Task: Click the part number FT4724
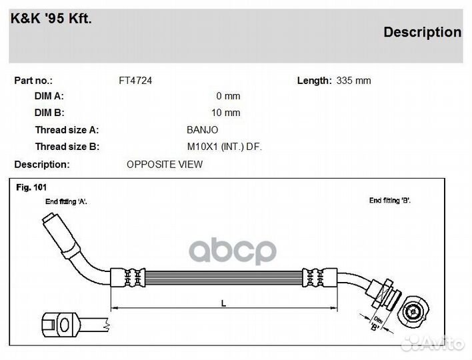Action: (135, 81)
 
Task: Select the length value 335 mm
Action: (354, 81)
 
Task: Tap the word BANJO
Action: (202, 130)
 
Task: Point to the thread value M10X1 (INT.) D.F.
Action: (225, 147)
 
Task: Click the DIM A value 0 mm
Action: (228, 96)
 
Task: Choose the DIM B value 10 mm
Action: (226, 113)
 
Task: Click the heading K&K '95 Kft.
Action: (51, 19)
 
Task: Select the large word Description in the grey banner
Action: (422, 32)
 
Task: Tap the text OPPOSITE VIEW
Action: (165, 165)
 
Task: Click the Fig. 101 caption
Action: (31, 187)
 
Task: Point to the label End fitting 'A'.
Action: (66, 201)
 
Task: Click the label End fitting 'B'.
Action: (390, 201)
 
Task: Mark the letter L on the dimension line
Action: (223, 303)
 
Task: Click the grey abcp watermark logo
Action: (233, 251)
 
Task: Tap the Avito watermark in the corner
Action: (433, 344)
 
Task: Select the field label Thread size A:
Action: (67, 130)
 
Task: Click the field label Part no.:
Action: (33, 81)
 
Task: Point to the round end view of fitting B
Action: (413, 312)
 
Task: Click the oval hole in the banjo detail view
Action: (65, 325)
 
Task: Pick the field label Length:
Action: (314, 81)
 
